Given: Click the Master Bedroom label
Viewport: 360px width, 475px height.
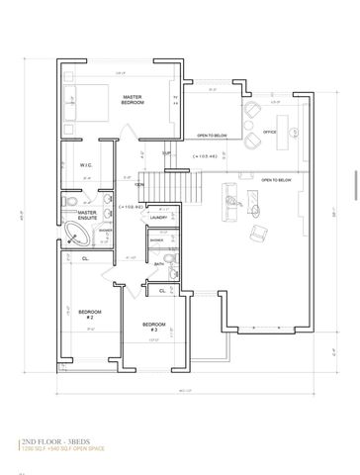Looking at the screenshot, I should pos(134,100).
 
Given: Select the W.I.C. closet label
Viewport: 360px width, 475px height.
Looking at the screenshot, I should pos(86,165).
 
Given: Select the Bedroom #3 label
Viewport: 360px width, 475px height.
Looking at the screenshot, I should pos(152,327).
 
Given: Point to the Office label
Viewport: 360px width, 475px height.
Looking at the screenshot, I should pos(269,131).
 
